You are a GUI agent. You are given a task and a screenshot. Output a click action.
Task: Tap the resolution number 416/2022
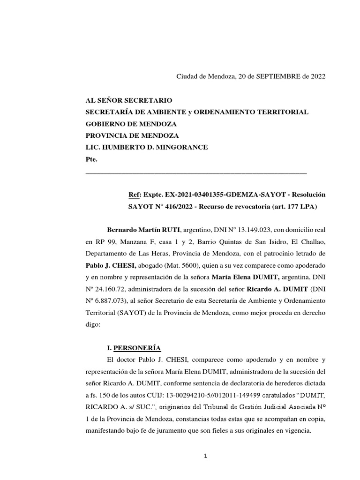coord(175,206)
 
